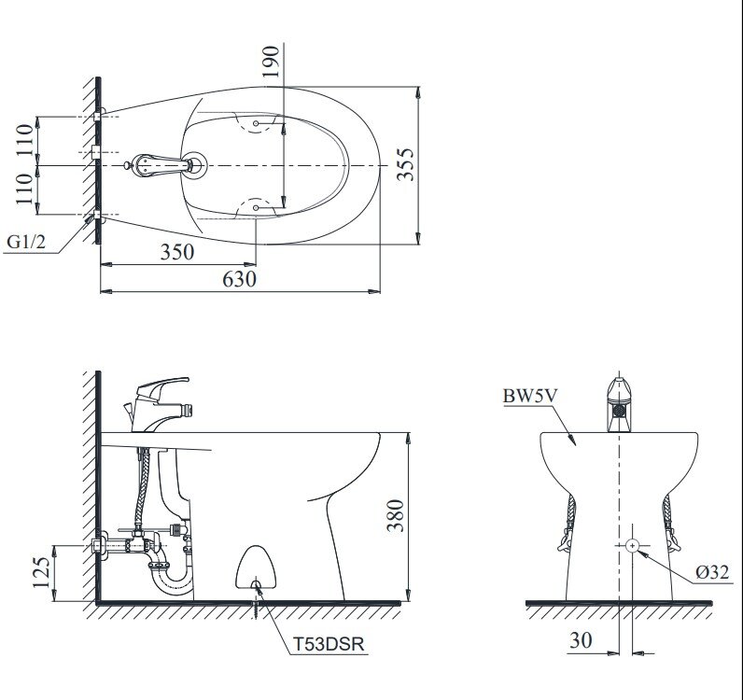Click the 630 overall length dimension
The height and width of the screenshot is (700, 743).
click(238, 278)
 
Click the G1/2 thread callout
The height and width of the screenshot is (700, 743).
click(25, 243)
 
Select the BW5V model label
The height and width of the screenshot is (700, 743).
click(528, 396)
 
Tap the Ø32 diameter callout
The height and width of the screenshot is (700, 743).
click(711, 573)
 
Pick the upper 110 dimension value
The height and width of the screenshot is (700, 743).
click(25, 139)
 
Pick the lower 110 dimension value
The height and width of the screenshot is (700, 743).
click(25, 190)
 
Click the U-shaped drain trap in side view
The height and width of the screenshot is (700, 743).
click(172, 577)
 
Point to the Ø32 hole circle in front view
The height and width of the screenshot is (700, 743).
click(632, 544)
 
